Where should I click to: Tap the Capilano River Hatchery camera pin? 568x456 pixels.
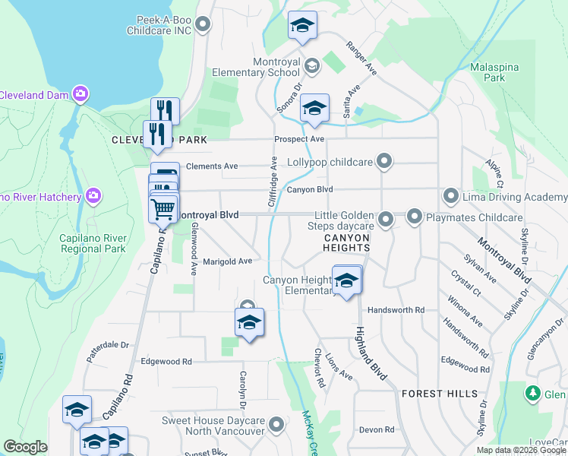[93, 197]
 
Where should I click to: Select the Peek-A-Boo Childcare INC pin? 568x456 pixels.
[202, 26]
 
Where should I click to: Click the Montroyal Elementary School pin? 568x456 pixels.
[311, 67]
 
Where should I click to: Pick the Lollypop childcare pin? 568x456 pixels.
[385, 161]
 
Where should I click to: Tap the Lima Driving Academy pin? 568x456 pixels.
[452, 197]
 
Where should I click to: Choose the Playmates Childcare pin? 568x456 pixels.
[415, 217]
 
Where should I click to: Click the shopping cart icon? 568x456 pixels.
[163, 208]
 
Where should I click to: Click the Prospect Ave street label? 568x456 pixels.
[299, 139]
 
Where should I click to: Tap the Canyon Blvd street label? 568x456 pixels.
[309, 189]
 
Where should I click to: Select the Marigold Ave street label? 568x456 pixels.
[227, 261]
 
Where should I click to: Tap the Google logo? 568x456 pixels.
[26, 447]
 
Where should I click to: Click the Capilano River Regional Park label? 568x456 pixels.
[93, 243]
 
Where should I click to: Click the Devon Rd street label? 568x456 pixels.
[377, 429]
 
